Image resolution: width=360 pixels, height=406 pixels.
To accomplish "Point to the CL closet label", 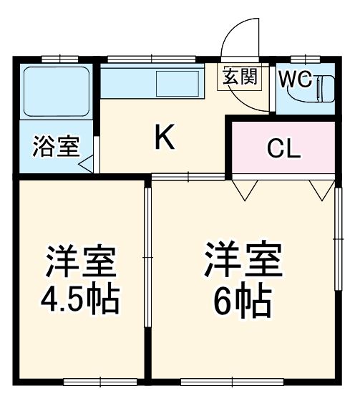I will click(x=284, y=149).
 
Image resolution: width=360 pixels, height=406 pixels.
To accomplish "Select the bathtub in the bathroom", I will click(x=56, y=92).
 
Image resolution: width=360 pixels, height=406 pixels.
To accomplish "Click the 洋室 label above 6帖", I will click(x=243, y=262).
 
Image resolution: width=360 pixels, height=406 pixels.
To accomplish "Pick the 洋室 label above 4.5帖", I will click(x=81, y=262).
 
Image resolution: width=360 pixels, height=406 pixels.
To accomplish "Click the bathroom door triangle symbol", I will click(x=87, y=164).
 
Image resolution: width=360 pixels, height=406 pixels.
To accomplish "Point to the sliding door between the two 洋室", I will click(x=147, y=258).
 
